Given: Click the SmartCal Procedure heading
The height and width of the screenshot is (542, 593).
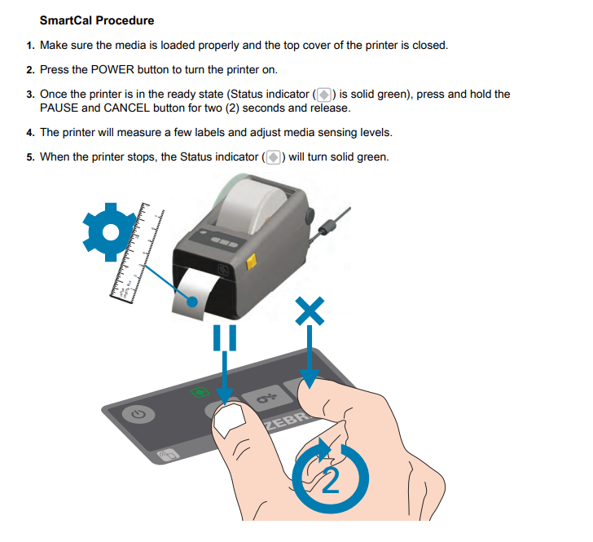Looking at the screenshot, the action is [97, 20].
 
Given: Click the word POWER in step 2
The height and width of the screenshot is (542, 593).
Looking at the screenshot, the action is [112, 69].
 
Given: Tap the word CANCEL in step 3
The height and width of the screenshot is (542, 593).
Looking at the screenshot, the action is [127, 108].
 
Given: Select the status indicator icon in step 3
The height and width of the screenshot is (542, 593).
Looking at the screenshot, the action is [324, 95].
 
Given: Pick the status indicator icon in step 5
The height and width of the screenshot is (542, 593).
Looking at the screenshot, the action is [274, 157].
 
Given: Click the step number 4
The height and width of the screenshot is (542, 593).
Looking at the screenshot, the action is [30, 133].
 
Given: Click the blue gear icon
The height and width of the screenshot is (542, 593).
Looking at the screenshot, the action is [110, 232].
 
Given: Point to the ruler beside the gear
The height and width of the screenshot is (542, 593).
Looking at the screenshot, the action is [137, 253].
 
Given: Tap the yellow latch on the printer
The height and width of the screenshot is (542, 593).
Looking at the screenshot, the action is [251, 262].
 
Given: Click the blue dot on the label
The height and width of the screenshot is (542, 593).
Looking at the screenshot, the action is [192, 302].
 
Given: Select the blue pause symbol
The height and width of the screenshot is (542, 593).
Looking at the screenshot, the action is [225, 337].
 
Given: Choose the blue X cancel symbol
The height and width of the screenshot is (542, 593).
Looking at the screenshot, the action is [310, 311].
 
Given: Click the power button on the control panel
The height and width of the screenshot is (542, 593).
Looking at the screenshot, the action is [138, 414].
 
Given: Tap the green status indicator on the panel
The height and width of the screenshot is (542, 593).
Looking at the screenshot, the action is [200, 392].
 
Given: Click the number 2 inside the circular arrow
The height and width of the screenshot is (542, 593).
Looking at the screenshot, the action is [331, 480].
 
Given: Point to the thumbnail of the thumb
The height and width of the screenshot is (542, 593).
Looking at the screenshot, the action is [229, 420].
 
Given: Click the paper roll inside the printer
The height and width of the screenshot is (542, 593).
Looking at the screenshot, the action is [252, 205].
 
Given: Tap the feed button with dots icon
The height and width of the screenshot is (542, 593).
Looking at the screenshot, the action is [267, 399].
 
